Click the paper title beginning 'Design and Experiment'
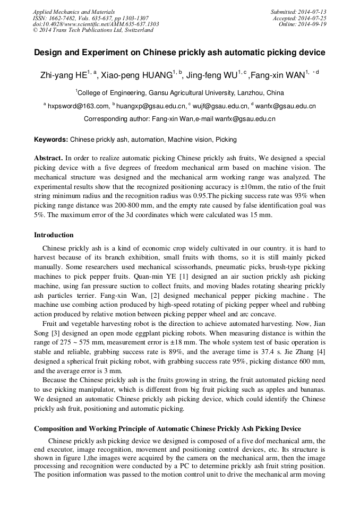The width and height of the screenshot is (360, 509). coord(179,53)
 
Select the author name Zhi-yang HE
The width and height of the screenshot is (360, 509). coord(64,75)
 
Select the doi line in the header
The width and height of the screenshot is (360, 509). coord(96,24)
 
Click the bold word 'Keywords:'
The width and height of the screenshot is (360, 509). coord(51,140)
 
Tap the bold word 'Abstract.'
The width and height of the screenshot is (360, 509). coord(48,158)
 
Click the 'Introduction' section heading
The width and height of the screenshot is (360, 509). coord(54,235)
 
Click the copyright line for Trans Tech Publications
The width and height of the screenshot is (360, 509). coord(93,30)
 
